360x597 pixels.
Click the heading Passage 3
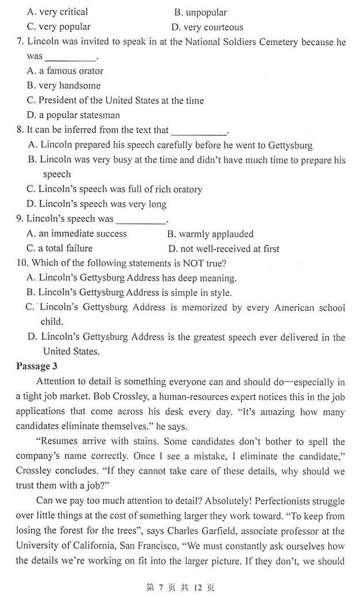click(37, 366)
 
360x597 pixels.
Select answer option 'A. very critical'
click(57, 11)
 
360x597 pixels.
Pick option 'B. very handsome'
click(64, 86)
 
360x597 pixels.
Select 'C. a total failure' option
click(60, 249)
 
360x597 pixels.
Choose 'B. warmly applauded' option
click(210, 234)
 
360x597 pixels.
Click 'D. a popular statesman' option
click(73, 115)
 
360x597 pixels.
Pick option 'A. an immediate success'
click(77, 234)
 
